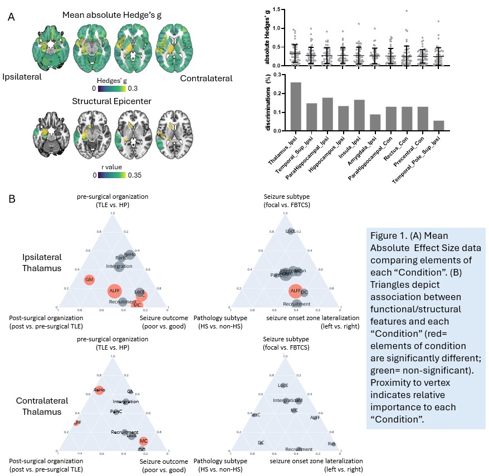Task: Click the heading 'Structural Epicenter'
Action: [111, 101]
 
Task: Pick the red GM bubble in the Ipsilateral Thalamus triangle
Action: [89, 280]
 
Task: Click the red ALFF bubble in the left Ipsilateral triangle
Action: [115, 291]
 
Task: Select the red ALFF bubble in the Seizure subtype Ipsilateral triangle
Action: [295, 291]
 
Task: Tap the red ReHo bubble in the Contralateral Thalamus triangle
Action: [99, 390]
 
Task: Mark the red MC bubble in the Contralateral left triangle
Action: [144, 441]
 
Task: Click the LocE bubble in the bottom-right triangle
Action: [283, 385]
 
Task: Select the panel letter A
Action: [12, 17]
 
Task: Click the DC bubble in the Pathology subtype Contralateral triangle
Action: [261, 443]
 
